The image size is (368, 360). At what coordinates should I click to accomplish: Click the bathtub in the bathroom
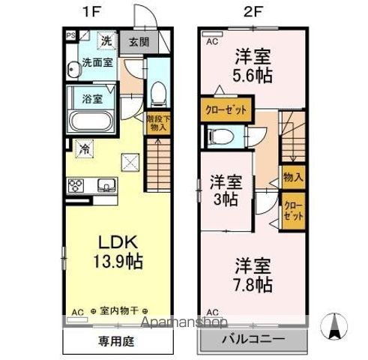click(91, 121)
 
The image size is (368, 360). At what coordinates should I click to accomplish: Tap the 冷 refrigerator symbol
click(85, 148)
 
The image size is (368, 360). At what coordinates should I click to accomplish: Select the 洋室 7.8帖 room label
click(252, 276)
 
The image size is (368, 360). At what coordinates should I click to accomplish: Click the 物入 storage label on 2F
click(292, 177)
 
